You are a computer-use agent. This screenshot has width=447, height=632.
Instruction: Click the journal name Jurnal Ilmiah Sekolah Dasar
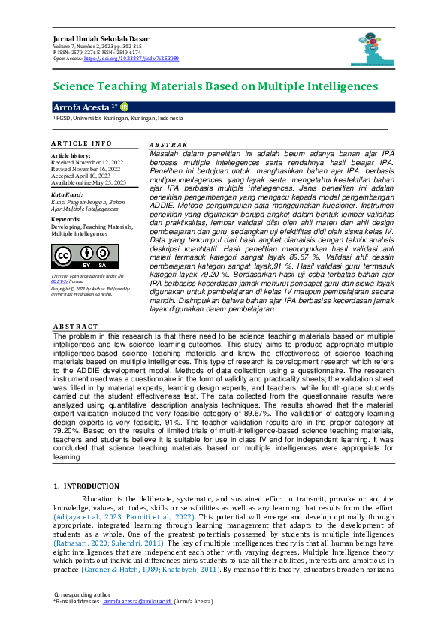(x=100, y=38)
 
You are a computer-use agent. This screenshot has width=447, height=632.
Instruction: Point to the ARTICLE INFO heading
(x=82, y=143)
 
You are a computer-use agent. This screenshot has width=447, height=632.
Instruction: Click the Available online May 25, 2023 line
(x=89, y=182)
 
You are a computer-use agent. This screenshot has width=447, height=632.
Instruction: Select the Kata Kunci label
(x=66, y=194)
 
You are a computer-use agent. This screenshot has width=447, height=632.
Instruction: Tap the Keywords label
(x=66, y=219)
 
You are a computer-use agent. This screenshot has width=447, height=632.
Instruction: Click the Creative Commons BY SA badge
(x=74, y=257)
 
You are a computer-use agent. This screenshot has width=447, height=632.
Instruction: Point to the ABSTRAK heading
(x=168, y=144)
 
